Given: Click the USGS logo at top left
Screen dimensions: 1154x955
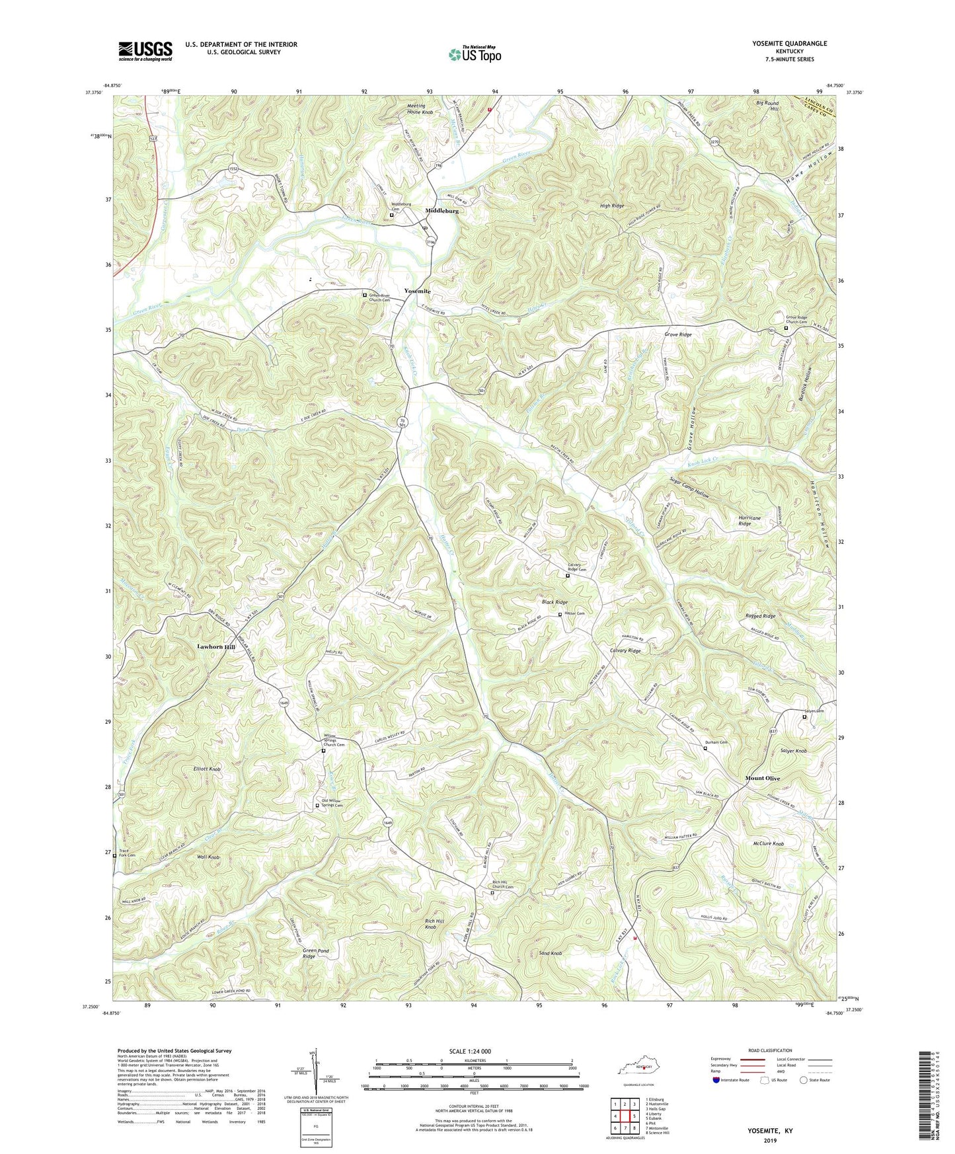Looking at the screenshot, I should click(x=145, y=51).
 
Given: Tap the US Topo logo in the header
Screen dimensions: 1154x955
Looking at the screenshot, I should click(x=474, y=54).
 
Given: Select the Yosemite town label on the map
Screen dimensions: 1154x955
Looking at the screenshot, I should click(x=418, y=291).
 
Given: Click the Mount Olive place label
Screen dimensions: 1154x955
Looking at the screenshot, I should click(x=763, y=778).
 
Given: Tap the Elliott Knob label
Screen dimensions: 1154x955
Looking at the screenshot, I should click(x=207, y=769).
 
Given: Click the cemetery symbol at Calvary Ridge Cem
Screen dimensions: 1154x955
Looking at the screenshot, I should click(x=567, y=576).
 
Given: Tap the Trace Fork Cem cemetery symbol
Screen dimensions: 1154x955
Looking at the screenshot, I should click(x=114, y=855).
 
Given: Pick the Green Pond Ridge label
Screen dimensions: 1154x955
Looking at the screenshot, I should click(x=315, y=953).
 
